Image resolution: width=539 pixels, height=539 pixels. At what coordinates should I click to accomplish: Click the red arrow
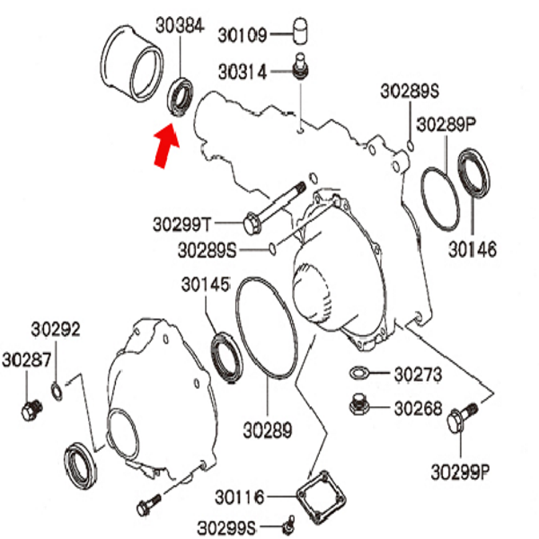click(x=166, y=146)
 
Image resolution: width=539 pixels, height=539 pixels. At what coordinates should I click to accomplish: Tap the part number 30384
click(x=180, y=26)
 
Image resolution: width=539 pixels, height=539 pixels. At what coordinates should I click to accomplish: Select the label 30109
click(x=243, y=35)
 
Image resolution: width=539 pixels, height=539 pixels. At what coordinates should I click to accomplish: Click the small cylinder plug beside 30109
click(x=300, y=31)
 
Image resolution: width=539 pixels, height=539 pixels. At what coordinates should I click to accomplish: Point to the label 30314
click(x=243, y=72)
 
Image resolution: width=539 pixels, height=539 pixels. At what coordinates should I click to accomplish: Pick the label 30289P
click(x=446, y=125)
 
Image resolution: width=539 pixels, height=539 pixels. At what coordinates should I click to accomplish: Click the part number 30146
click(x=473, y=250)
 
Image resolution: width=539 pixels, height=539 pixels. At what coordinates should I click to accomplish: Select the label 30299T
click(x=181, y=225)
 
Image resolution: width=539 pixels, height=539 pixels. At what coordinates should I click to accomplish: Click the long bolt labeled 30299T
click(x=274, y=208)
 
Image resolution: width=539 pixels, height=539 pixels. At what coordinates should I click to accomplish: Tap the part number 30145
click(x=206, y=285)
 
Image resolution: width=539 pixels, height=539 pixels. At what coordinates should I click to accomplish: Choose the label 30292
click(x=56, y=330)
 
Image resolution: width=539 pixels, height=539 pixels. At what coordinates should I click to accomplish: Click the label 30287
click(x=26, y=360)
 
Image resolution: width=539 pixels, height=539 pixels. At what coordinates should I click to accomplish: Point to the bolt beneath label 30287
click(x=32, y=410)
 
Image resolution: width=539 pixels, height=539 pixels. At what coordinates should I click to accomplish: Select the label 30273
click(x=418, y=375)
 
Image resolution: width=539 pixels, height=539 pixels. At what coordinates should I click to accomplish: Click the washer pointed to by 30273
click(x=358, y=373)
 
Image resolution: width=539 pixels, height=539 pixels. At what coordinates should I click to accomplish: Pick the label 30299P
click(x=461, y=472)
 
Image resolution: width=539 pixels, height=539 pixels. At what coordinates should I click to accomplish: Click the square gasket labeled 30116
click(x=322, y=498)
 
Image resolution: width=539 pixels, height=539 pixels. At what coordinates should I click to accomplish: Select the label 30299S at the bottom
click(x=226, y=527)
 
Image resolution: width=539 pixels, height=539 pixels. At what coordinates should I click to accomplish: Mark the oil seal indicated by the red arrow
click(x=181, y=97)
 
